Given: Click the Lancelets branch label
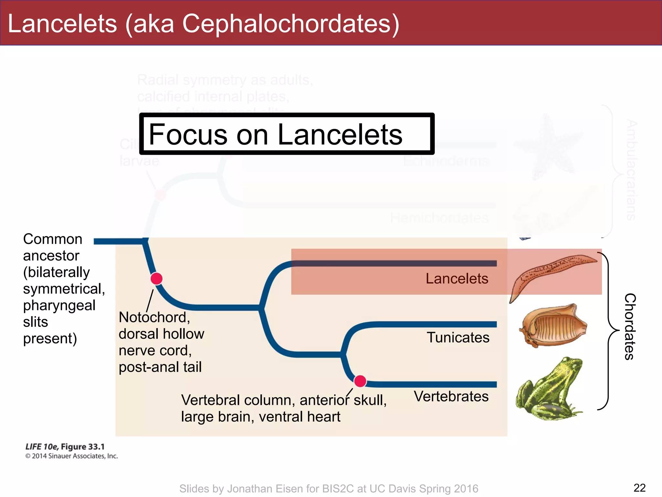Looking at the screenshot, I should click(x=456, y=279).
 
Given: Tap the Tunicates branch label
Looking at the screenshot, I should click(x=458, y=337).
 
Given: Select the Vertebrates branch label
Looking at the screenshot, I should click(x=451, y=396).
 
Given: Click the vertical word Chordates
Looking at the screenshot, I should click(x=630, y=326).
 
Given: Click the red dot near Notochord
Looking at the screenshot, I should click(x=156, y=279).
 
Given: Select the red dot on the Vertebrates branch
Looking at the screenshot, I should click(x=360, y=381).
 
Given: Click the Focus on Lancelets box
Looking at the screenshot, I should click(x=287, y=134).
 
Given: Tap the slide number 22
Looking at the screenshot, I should click(x=639, y=488).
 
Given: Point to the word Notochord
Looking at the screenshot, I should click(x=154, y=317).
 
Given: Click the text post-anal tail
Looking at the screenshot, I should click(x=160, y=367).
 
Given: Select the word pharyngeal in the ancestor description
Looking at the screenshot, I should click(x=59, y=305).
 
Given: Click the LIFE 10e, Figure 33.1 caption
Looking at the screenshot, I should click(x=65, y=447).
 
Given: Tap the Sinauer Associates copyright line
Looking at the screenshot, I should click(x=71, y=456).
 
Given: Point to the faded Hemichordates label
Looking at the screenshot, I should click(x=439, y=218).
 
